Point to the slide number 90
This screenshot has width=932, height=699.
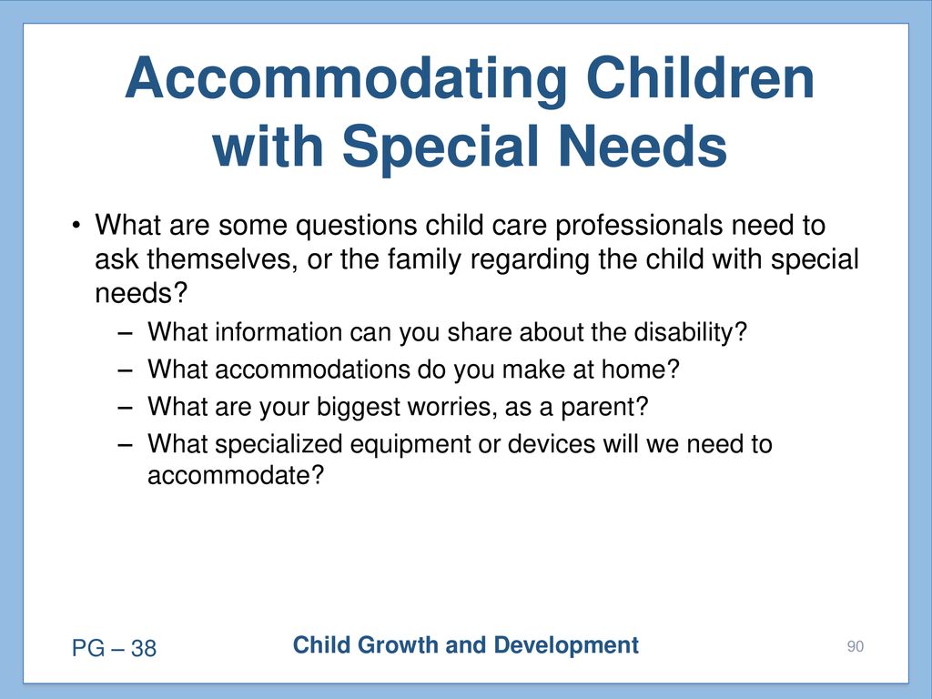pyautogui.click(x=856, y=647)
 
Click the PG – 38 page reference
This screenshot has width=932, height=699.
pyautogui.click(x=114, y=648)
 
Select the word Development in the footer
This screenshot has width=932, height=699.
pyautogui.click(x=566, y=646)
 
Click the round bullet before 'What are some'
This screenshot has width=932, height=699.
pyautogui.click(x=76, y=226)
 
